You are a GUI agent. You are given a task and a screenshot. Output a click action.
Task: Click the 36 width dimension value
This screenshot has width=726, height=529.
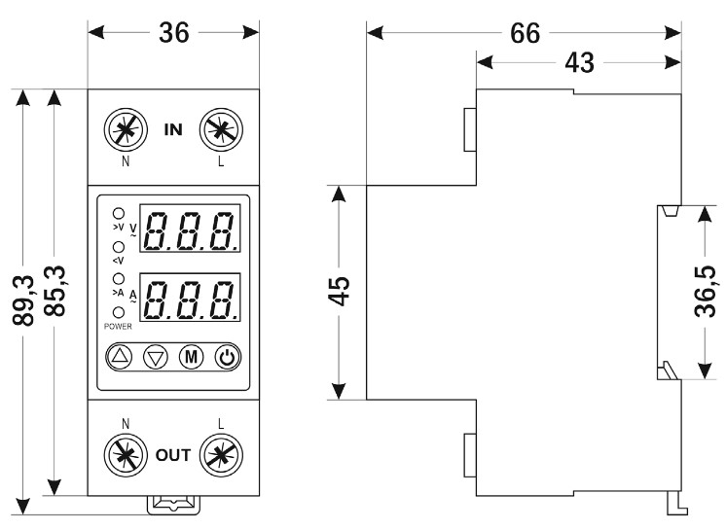click(x=173, y=32)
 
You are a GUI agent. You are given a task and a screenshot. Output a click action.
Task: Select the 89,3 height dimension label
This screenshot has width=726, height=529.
click(x=24, y=300)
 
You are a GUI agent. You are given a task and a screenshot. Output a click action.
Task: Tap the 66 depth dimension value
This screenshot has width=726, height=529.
click(x=526, y=32)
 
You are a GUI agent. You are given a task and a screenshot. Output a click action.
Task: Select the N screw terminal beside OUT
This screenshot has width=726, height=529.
click(x=125, y=453)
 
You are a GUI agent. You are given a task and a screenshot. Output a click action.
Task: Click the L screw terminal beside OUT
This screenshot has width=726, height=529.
click(x=221, y=453)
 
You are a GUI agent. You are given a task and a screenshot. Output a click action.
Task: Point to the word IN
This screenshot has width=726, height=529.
click(x=172, y=127)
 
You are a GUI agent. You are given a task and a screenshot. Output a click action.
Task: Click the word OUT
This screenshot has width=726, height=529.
click(x=172, y=454)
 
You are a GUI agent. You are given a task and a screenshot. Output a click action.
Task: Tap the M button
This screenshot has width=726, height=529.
click(x=190, y=357)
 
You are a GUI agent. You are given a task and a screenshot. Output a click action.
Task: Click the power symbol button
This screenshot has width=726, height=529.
click(x=226, y=357)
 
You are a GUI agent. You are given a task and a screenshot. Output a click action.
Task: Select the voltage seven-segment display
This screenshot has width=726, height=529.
click(x=191, y=229)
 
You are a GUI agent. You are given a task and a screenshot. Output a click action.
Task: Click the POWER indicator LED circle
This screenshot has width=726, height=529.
click(x=119, y=312)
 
